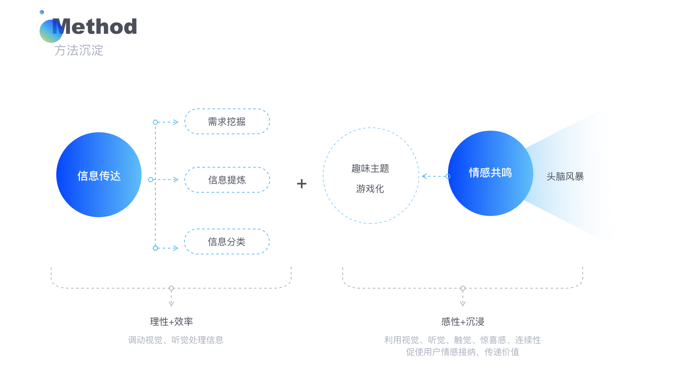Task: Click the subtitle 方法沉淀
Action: coord(79,50)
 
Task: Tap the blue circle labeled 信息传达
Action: coord(99,175)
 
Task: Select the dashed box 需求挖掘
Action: coord(227,122)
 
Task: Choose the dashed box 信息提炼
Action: coord(227,180)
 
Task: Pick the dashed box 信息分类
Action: coord(227,241)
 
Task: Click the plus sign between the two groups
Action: coord(302,184)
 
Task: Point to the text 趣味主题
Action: coord(370,168)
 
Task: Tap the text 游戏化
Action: coord(370,189)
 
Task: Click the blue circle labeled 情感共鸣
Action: coord(490,173)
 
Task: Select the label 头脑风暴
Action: coord(565,176)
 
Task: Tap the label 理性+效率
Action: coord(171,322)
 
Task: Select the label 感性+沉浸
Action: coord(462,322)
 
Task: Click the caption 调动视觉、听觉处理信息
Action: coord(176,340)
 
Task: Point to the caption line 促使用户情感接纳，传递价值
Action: coord(462,352)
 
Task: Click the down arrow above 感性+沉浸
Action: coord(462,299)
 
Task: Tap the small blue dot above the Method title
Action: coord(42,12)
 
